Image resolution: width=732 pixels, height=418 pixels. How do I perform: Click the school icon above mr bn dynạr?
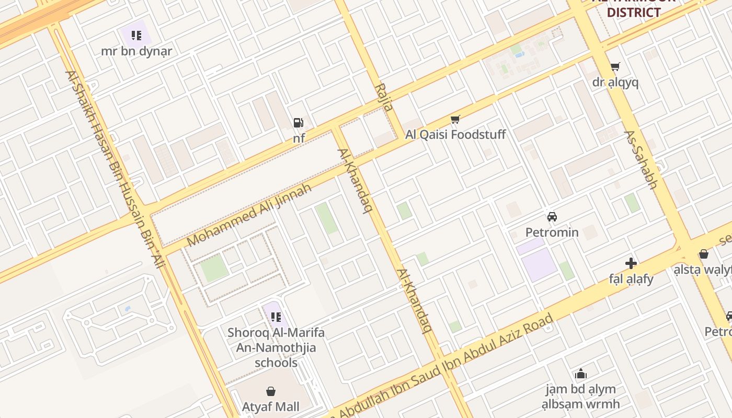pyautogui.click(x=136, y=36)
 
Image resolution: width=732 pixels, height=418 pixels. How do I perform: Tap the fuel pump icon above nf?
pyautogui.click(x=298, y=123)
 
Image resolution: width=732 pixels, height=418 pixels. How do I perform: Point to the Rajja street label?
pyautogui.click(x=384, y=97)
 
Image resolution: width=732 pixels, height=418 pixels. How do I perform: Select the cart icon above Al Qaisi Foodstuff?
pyautogui.click(x=455, y=120)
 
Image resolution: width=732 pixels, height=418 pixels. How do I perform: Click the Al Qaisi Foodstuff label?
pyautogui.click(x=455, y=135)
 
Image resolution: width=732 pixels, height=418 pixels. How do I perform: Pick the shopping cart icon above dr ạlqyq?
pyautogui.click(x=615, y=67)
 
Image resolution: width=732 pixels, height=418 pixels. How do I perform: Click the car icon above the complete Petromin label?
pyautogui.click(x=552, y=216)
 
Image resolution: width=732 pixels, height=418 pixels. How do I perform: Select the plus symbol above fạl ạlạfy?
pyautogui.click(x=631, y=263)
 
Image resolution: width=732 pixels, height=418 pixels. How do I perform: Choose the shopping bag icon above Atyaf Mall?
pyautogui.click(x=271, y=391)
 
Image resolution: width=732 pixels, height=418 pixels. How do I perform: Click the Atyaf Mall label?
pyautogui.click(x=271, y=407)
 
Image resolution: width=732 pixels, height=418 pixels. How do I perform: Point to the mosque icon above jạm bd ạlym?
pyautogui.click(x=580, y=374)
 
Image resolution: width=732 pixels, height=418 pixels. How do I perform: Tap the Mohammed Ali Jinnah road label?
pyautogui.click(x=249, y=215)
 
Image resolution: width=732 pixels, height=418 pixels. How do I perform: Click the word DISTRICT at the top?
pyautogui.click(x=634, y=13)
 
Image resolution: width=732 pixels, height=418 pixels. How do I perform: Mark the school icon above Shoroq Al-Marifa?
pyautogui.click(x=276, y=317)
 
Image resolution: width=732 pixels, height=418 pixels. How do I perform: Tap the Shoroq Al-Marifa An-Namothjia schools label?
pyautogui.click(x=276, y=347)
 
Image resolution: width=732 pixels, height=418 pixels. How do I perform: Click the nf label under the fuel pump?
pyautogui.click(x=299, y=138)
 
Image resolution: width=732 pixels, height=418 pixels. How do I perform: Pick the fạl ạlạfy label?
pyautogui.click(x=631, y=279)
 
